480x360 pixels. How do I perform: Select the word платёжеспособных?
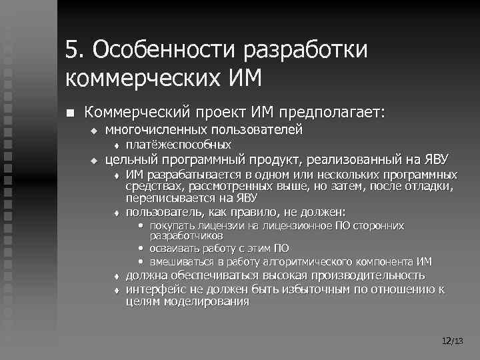[x=179, y=145]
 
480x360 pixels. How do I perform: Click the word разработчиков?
[x=186, y=235]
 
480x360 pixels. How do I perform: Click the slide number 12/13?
[x=452, y=341]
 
